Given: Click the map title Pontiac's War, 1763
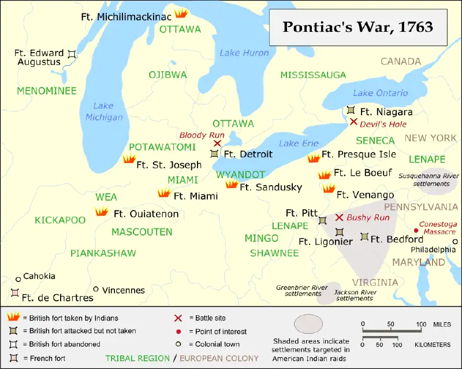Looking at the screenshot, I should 358,27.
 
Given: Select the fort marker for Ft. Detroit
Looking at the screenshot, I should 215,153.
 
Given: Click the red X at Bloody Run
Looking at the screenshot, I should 217,143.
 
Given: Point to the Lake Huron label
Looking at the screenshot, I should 244,53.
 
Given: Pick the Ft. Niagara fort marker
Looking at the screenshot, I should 351,110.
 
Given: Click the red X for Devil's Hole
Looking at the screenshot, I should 353,121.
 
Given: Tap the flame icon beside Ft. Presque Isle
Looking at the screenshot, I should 314,158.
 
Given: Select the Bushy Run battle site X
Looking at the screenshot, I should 340,217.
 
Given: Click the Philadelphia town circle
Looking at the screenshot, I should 455,242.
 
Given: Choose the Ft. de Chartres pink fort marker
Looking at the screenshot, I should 14,293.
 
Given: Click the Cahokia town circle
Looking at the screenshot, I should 18,278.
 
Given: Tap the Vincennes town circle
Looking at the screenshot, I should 96,289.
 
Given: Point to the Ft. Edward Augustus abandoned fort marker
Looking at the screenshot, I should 72,54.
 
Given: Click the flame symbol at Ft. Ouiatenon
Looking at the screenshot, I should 102,212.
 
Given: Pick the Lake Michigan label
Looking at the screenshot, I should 104,112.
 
